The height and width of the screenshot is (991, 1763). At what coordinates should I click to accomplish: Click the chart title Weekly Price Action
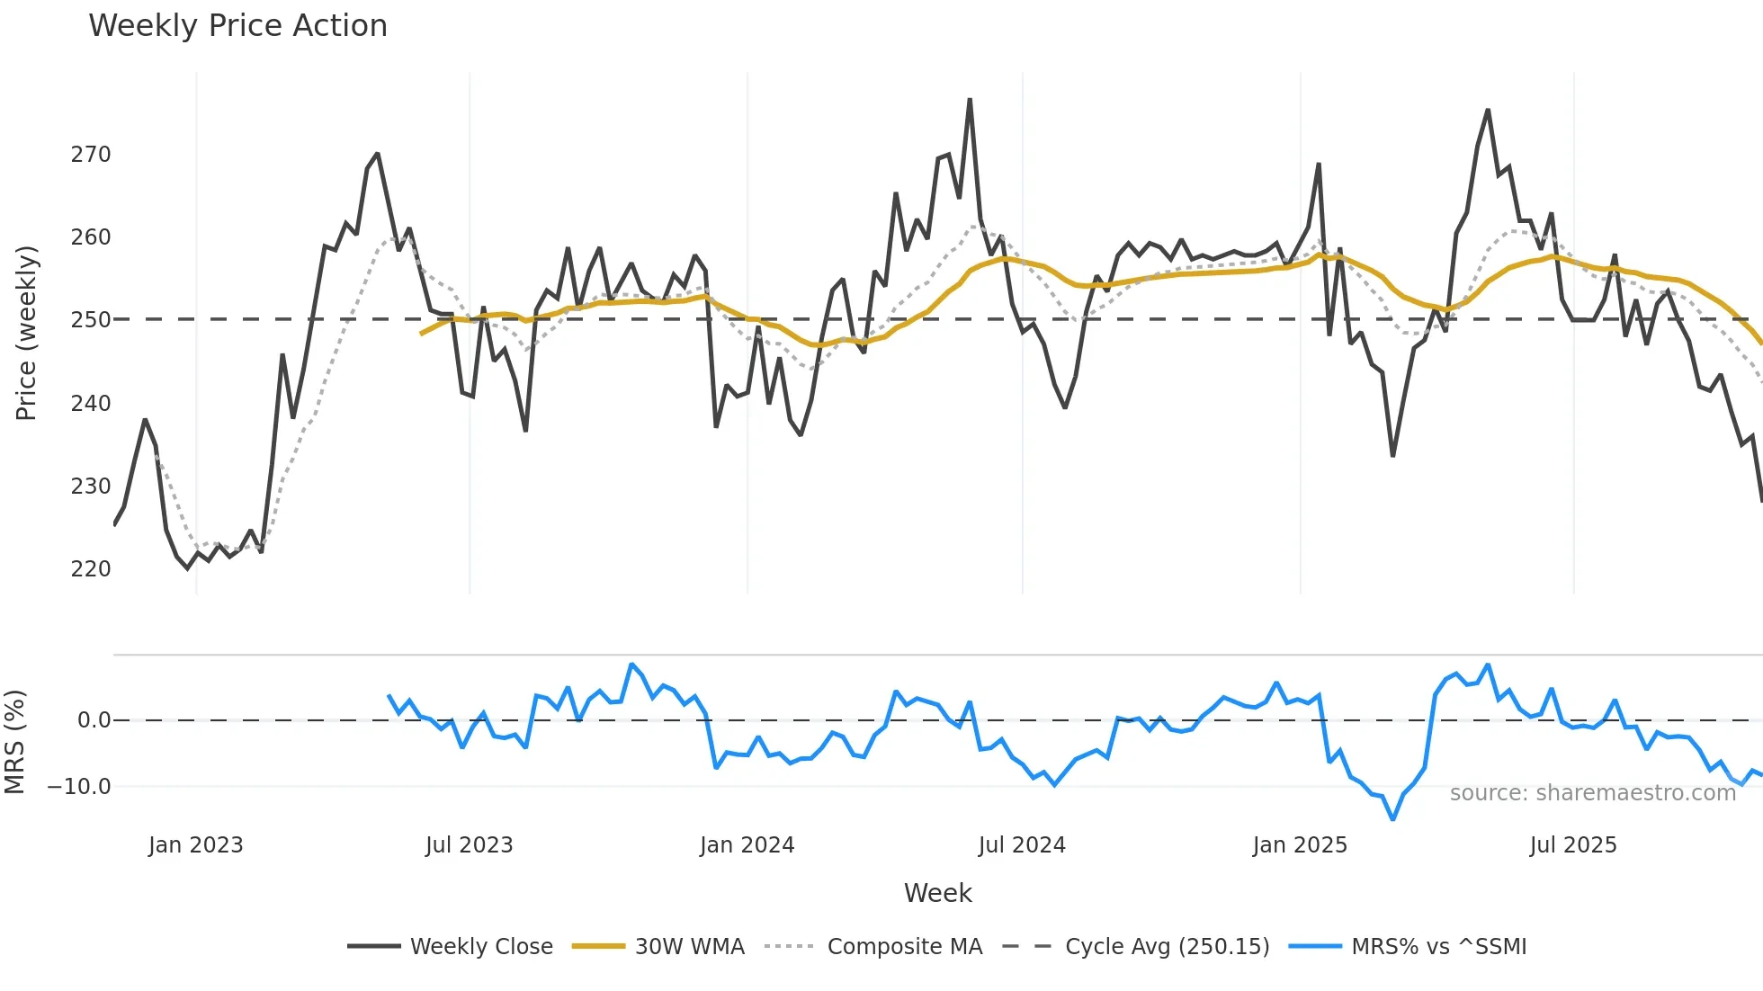click(x=237, y=26)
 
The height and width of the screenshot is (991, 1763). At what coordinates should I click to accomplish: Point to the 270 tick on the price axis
click(x=91, y=155)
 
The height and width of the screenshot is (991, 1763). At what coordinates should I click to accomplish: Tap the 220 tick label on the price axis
click(x=91, y=569)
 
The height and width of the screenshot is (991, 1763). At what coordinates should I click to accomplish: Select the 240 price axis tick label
click(x=91, y=404)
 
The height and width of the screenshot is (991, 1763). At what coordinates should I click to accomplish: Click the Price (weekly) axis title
click(x=26, y=333)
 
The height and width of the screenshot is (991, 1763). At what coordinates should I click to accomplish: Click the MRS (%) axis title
click(x=14, y=742)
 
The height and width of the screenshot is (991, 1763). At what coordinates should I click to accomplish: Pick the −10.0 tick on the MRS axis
click(x=79, y=787)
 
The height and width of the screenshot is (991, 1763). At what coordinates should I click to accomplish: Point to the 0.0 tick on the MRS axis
click(x=94, y=720)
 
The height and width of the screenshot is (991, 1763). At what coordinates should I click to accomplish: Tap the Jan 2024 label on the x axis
click(x=747, y=845)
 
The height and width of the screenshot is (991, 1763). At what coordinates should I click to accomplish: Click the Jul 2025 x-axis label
click(x=1572, y=845)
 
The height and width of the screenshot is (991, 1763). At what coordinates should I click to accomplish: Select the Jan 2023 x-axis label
click(x=195, y=845)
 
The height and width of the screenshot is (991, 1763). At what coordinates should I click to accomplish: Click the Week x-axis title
click(x=937, y=893)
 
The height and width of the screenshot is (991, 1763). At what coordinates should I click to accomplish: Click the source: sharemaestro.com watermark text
click(x=1592, y=793)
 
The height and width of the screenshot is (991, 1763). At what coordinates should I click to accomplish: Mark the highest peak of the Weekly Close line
click(x=970, y=100)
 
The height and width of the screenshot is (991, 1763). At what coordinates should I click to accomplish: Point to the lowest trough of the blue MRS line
click(x=1392, y=819)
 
